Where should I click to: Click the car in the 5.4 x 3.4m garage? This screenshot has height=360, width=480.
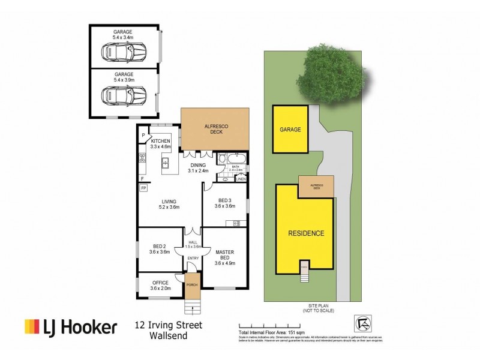[124, 55]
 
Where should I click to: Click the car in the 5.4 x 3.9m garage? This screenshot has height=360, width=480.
[124, 95]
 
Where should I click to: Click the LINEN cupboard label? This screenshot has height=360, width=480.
[241, 179]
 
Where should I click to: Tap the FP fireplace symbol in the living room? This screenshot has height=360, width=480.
[143, 188]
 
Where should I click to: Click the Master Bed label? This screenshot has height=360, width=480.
[226, 257]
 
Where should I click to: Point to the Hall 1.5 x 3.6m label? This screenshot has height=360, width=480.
[193, 244]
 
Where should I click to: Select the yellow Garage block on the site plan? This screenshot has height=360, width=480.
[290, 129]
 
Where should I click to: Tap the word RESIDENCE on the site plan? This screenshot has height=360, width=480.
[306, 233]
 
